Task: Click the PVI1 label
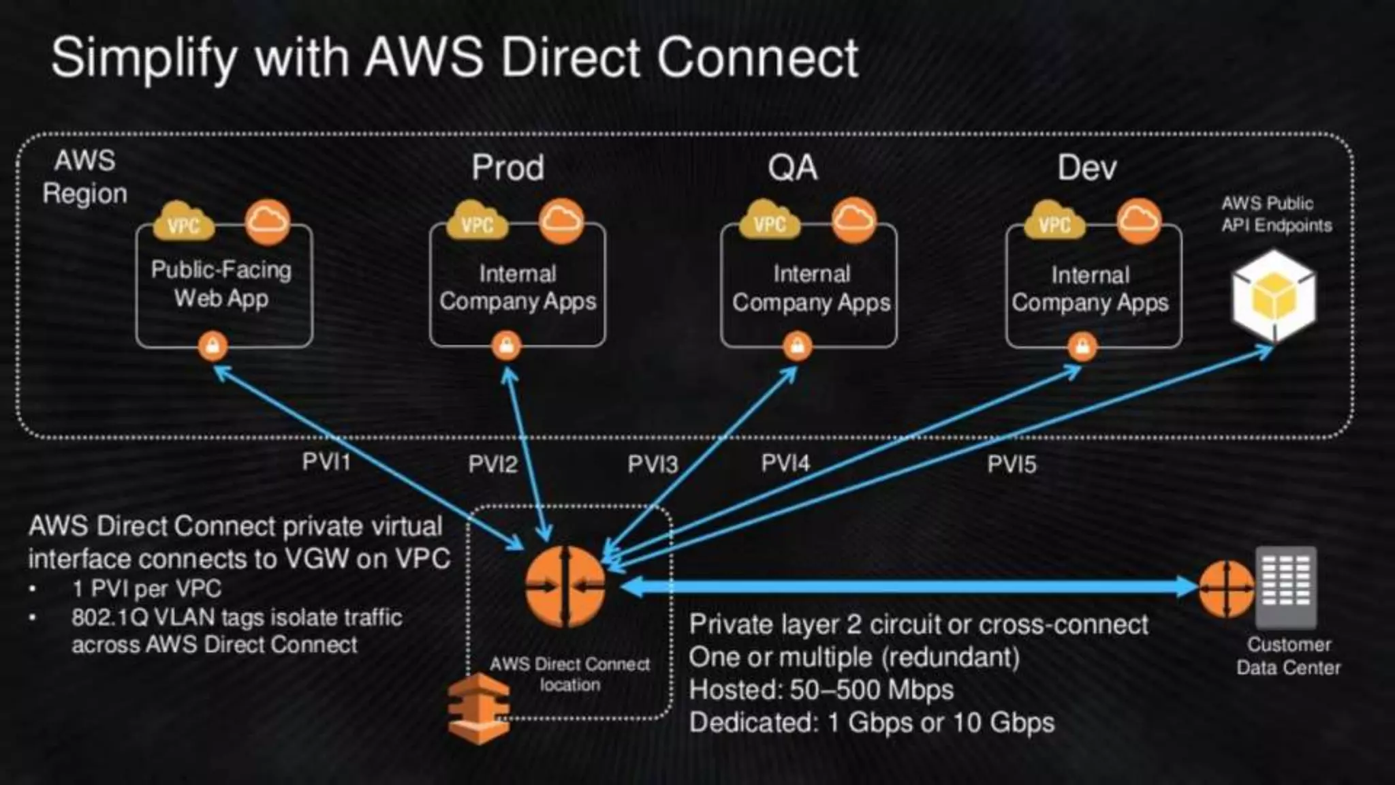pos(326,462)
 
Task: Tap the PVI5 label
pos(1012,465)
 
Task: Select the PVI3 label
pos(652,465)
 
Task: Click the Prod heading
pos(508,168)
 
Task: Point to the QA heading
pos(792,168)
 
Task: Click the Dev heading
pos(1087,168)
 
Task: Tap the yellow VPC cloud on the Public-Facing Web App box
pos(183,222)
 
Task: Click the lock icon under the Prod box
pos(506,345)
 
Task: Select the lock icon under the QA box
pos(797,346)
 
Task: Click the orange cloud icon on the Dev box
pos(1139,221)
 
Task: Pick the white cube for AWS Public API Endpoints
pos(1274,296)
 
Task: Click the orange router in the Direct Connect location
pos(565,586)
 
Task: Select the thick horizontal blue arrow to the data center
pos(906,586)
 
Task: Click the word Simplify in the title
pos(144,59)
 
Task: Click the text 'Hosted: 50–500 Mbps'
pos(821,690)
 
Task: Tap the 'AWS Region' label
pos(85,177)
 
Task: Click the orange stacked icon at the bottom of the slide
pos(479,709)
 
